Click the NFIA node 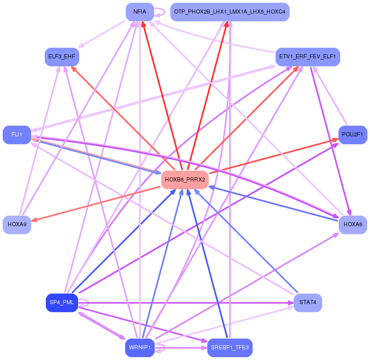(x=140, y=12)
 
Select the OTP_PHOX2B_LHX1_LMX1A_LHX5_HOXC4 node (x=230, y=12)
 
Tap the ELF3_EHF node (x=62, y=57)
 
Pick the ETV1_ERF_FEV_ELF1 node (x=308, y=57)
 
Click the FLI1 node (x=17, y=135)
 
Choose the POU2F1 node (x=352, y=135)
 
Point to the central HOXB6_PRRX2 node (x=185, y=180)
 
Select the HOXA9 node (x=17, y=225)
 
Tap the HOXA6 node (x=352, y=225)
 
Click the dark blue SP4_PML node (x=62, y=303)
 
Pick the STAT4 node (x=308, y=303)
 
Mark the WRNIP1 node (x=140, y=348)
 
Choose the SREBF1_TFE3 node (x=230, y=348)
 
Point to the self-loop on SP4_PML (x=84, y=303)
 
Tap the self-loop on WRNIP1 (x=161, y=348)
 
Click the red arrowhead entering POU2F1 (x=336, y=140)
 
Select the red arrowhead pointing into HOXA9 (x=34, y=220)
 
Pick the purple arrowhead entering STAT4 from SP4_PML (x=291, y=303)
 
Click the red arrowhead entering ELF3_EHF (x=74, y=69)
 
